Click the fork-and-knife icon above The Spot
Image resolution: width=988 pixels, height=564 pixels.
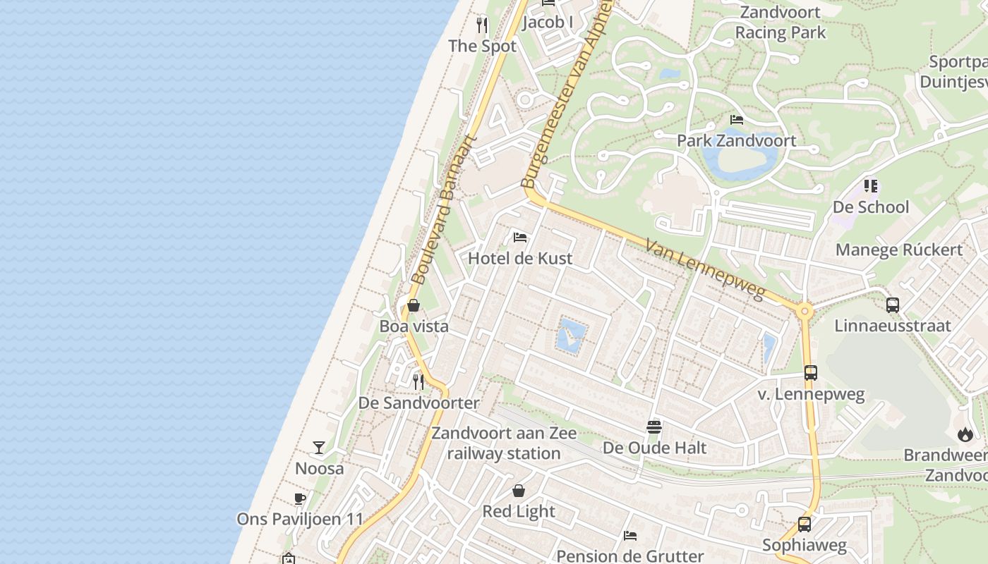coord(482,25)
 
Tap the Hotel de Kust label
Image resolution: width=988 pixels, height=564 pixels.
coord(520,258)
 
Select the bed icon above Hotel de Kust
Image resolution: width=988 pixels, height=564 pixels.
coord(520,238)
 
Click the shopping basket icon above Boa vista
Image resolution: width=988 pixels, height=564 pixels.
coord(414,305)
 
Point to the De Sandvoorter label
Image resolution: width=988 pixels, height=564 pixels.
coord(418,403)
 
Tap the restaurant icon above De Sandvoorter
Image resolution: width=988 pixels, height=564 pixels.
coord(418,381)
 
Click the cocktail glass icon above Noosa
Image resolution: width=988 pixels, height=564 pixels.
coord(319,448)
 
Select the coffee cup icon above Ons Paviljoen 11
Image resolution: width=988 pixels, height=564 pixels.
coord(300,498)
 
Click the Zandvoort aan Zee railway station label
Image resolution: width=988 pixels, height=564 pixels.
coord(504,443)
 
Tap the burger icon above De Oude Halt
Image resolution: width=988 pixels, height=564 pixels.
coord(654,427)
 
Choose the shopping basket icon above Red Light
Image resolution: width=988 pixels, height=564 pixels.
coord(519,491)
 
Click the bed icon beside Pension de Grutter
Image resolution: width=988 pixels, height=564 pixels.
coord(630,536)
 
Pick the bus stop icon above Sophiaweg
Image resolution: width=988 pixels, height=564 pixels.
coord(804,524)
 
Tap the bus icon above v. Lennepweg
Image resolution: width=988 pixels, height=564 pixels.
coord(811,373)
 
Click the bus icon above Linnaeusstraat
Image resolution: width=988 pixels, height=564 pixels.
coord(893,305)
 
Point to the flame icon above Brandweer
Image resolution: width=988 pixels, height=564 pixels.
coord(965,434)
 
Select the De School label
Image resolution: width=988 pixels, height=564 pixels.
coord(871,207)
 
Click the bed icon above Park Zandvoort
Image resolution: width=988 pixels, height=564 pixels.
coord(737,120)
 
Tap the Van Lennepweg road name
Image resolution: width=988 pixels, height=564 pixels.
coord(705,269)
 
